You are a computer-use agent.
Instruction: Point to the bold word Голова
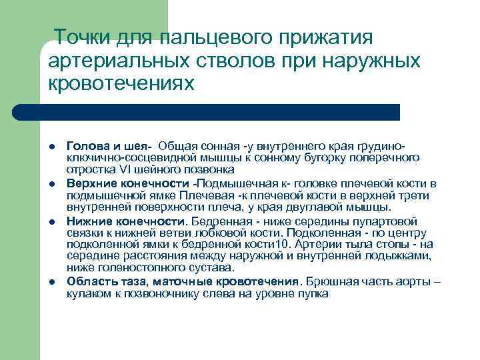pyautogui.click(x=89, y=147)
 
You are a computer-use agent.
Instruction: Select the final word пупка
pyautogui.click(x=314, y=293)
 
